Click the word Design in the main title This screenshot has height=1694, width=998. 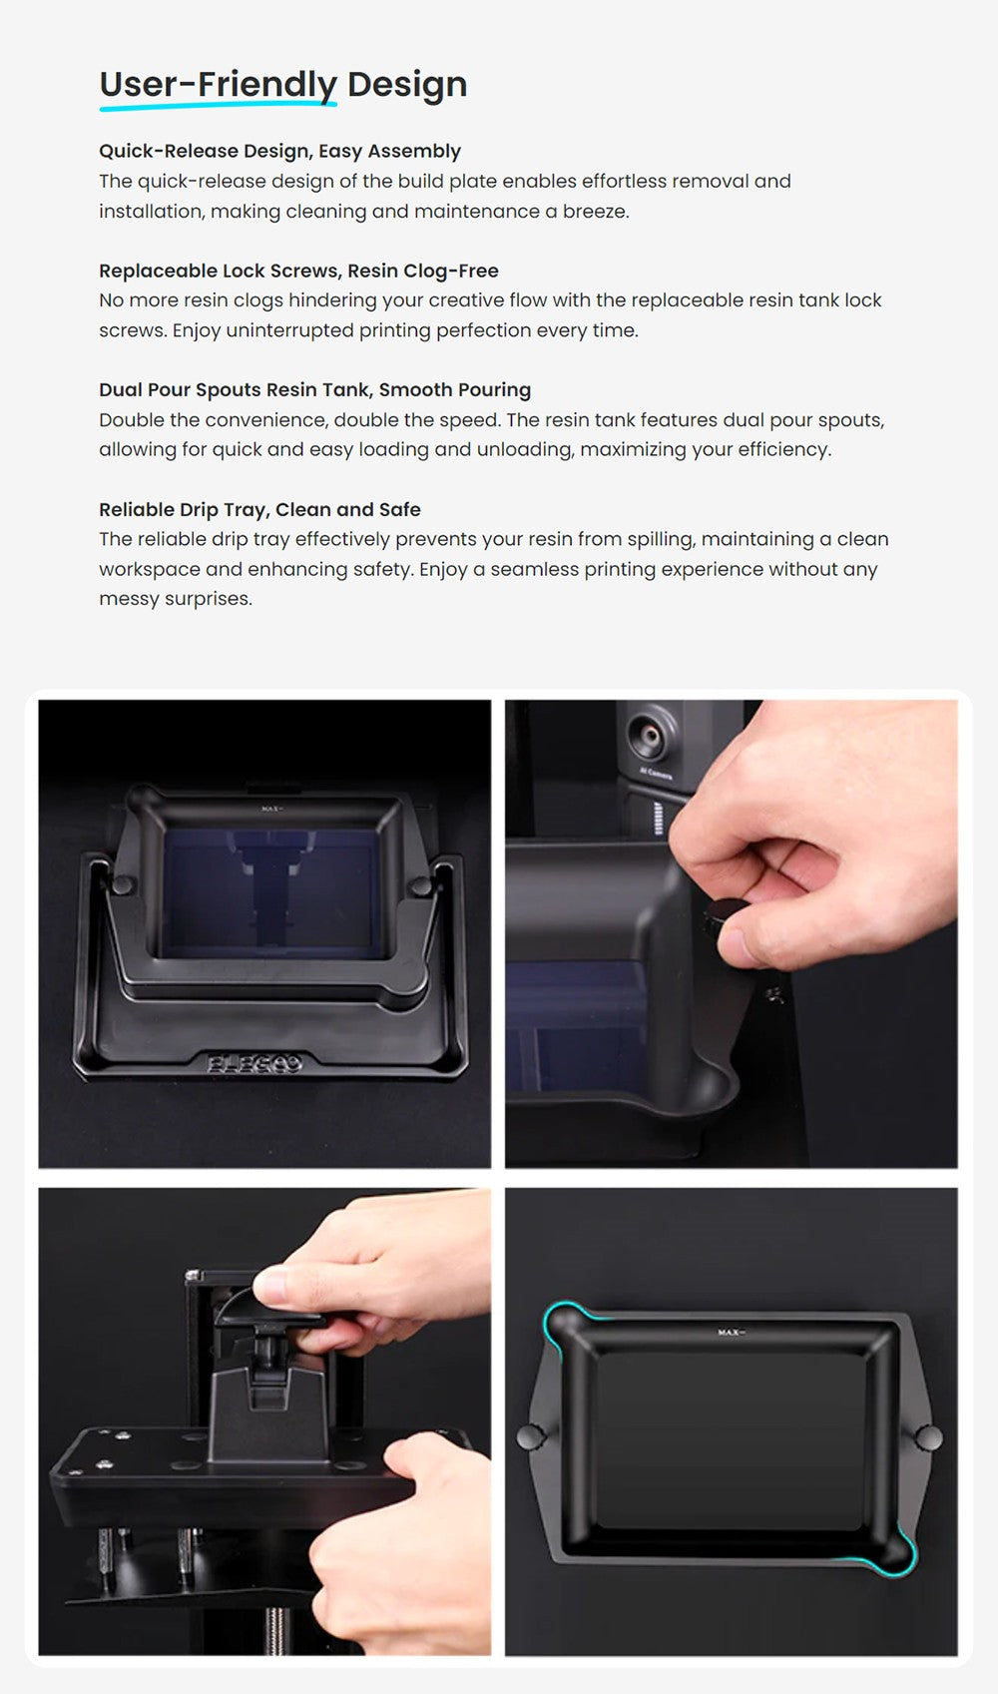(407, 84)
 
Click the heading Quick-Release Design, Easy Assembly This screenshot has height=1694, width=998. (279, 152)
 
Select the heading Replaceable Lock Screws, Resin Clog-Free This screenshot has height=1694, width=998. (298, 271)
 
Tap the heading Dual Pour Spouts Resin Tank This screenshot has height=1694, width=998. (235, 390)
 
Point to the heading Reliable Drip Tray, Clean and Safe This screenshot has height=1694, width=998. (259, 510)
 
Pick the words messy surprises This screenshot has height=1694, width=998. (176, 599)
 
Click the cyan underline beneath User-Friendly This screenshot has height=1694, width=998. (218, 106)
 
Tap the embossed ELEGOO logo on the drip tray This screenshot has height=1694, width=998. (254, 1065)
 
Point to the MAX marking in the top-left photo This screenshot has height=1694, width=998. (272, 810)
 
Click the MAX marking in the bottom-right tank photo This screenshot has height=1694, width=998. (732, 1332)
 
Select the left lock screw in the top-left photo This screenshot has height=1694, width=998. (122, 884)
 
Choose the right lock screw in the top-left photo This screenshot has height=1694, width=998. (420, 886)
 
